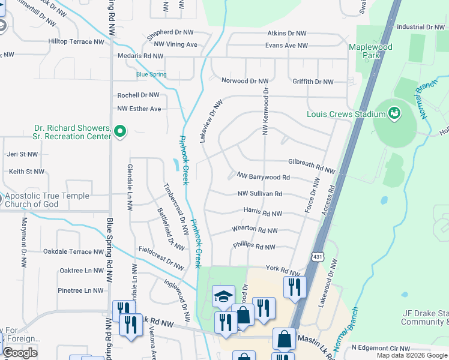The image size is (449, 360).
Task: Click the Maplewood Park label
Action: click(x=370, y=52)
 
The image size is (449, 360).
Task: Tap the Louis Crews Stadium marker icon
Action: click(x=394, y=112)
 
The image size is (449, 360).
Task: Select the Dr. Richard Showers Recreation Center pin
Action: click(x=120, y=130)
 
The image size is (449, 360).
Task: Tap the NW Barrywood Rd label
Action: click(x=264, y=178)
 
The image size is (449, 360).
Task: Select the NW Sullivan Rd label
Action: click(x=260, y=194)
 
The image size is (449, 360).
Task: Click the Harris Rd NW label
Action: click(x=263, y=213)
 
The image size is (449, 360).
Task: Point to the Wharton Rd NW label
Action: click(x=255, y=230)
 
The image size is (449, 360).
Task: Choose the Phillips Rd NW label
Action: click(x=254, y=247)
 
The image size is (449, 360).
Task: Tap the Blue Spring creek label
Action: click(x=151, y=74)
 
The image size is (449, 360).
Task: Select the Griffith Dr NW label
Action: click(x=313, y=82)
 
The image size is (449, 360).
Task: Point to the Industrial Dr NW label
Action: click(x=420, y=27)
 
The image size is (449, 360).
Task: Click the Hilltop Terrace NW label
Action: click(x=76, y=42)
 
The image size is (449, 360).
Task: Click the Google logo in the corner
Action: click(x=20, y=353)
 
